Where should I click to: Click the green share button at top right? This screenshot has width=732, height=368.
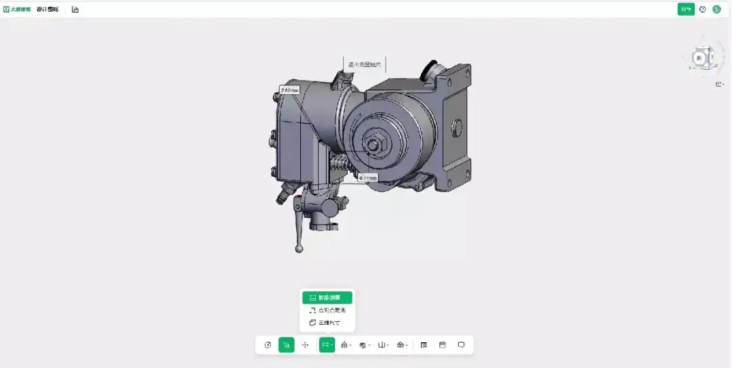(x=686, y=9)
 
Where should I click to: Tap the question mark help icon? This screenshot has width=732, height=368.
(x=702, y=9)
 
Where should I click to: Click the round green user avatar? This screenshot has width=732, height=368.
(x=716, y=9)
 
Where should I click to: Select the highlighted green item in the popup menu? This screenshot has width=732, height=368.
(x=327, y=298)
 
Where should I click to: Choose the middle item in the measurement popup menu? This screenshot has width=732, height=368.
(x=327, y=310)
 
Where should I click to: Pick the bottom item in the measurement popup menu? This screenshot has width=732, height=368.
(x=327, y=323)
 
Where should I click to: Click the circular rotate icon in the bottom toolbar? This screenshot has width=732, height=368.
(x=268, y=345)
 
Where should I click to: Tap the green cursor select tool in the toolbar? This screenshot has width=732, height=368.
(x=286, y=345)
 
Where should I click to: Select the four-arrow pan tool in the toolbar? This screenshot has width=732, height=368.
(x=305, y=345)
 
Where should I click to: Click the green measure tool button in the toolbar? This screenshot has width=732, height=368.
(x=327, y=345)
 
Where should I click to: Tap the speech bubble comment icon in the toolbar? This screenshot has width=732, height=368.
(x=461, y=345)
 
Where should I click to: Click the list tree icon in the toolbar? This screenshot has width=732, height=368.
(x=424, y=345)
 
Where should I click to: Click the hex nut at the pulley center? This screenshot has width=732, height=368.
(x=374, y=144)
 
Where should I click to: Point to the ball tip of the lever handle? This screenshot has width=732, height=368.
(x=299, y=249)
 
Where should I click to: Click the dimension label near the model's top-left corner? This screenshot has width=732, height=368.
(x=289, y=89)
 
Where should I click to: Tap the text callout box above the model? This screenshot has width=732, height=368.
(x=364, y=65)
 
